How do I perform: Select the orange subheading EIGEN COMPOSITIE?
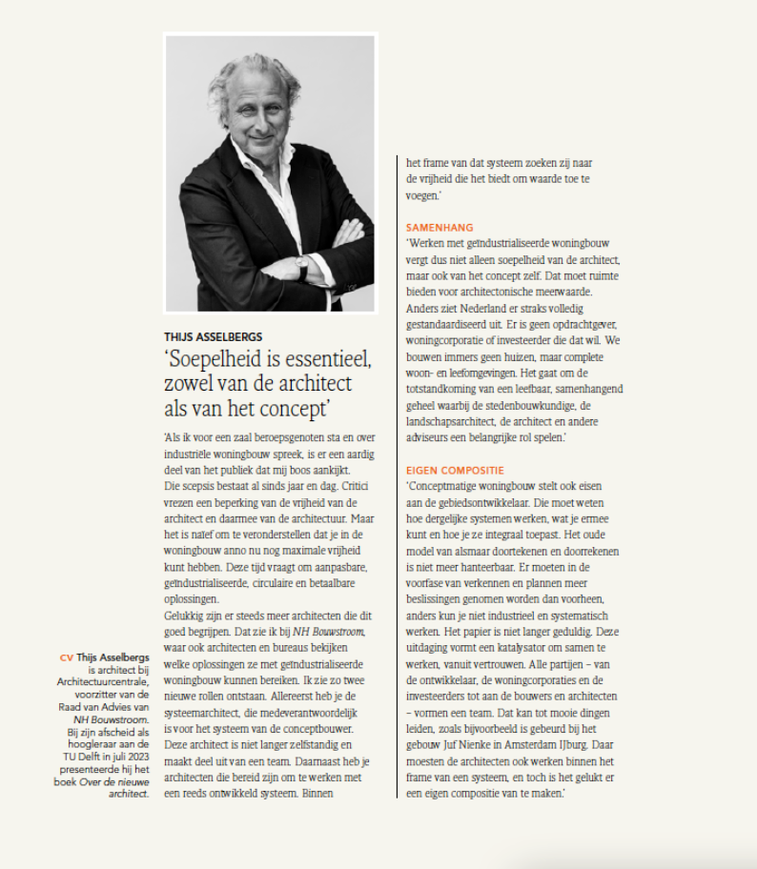click(455, 471)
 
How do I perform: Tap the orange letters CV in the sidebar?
click(66, 657)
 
